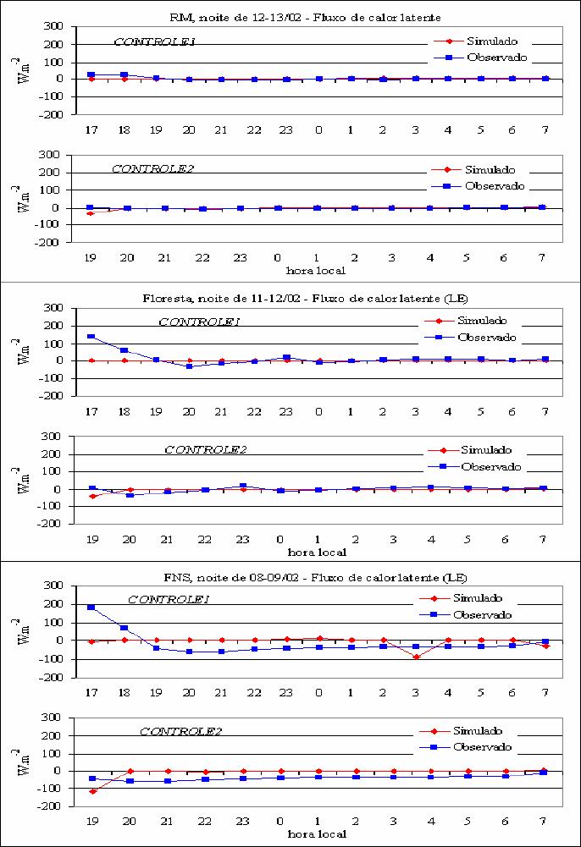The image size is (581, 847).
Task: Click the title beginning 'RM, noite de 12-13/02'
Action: pyautogui.click(x=306, y=17)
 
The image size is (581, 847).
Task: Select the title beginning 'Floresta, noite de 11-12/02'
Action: pyautogui.click(x=306, y=298)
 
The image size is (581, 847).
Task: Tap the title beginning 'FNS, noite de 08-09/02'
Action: pyautogui.click(x=315, y=577)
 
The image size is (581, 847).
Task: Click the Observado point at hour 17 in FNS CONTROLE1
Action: pyautogui.click(x=91, y=608)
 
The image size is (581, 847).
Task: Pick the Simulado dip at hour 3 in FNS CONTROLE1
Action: pyautogui.click(x=416, y=657)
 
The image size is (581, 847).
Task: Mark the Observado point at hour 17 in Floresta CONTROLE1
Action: pyautogui.click(x=91, y=337)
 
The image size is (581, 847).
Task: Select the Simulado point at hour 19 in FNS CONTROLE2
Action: pyautogui.click(x=92, y=791)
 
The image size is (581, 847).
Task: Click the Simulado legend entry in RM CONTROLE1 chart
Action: pyautogui.click(x=476, y=41)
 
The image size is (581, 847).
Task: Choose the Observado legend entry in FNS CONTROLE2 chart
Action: pyautogui.click(x=466, y=747)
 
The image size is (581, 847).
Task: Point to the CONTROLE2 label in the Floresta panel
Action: pyautogui.click(x=205, y=449)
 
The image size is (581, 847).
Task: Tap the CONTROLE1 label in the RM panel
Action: pyautogui.click(x=154, y=41)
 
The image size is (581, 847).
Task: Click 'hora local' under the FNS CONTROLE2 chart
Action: pyautogui.click(x=317, y=834)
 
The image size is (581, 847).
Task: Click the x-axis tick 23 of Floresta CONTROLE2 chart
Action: pyautogui.click(x=243, y=539)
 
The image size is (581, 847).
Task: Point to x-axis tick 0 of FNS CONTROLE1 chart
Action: pyautogui.click(x=318, y=692)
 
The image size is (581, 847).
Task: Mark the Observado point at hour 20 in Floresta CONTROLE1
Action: pyautogui.click(x=189, y=366)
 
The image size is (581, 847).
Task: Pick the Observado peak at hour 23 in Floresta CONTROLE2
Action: pyautogui.click(x=243, y=487)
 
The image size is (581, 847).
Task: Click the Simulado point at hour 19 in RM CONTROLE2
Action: pyautogui.click(x=91, y=213)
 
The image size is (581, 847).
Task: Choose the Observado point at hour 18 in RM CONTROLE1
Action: pyautogui.click(x=125, y=74)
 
